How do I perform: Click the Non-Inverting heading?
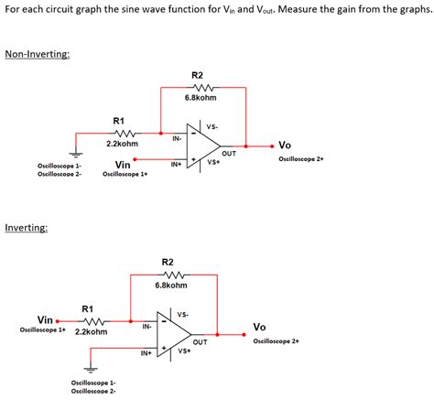[x=37, y=54]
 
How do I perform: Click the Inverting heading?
[x=27, y=226]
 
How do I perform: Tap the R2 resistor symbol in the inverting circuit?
[x=169, y=274]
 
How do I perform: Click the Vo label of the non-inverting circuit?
[x=285, y=145]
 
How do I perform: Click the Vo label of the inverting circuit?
[x=259, y=327]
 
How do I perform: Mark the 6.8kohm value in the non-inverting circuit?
[x=200, y=98]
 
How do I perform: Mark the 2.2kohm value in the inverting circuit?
[x=92, y=331]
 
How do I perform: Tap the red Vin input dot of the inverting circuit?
[x=58, y=321]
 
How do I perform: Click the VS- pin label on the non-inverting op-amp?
[x=212, y=126]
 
